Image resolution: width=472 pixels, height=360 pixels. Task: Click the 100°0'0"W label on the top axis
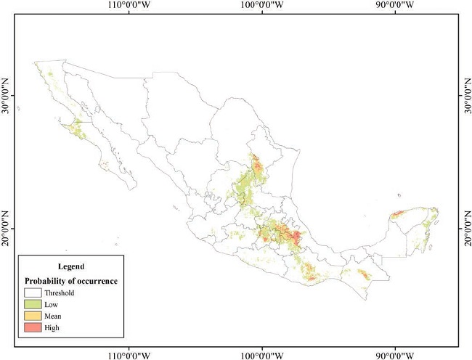(262, 6)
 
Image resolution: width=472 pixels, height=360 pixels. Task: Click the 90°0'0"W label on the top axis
(395, 6)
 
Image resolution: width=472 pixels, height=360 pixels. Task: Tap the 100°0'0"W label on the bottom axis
(262, 355)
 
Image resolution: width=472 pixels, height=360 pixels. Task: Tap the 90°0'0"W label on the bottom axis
(395, 355)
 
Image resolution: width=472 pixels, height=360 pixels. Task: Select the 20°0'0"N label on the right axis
(465, 227)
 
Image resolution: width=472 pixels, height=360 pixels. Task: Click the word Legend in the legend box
(70, 266)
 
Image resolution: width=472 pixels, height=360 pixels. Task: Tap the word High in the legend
(53, 328)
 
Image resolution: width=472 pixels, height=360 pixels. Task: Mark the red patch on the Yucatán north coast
(398, 214)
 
